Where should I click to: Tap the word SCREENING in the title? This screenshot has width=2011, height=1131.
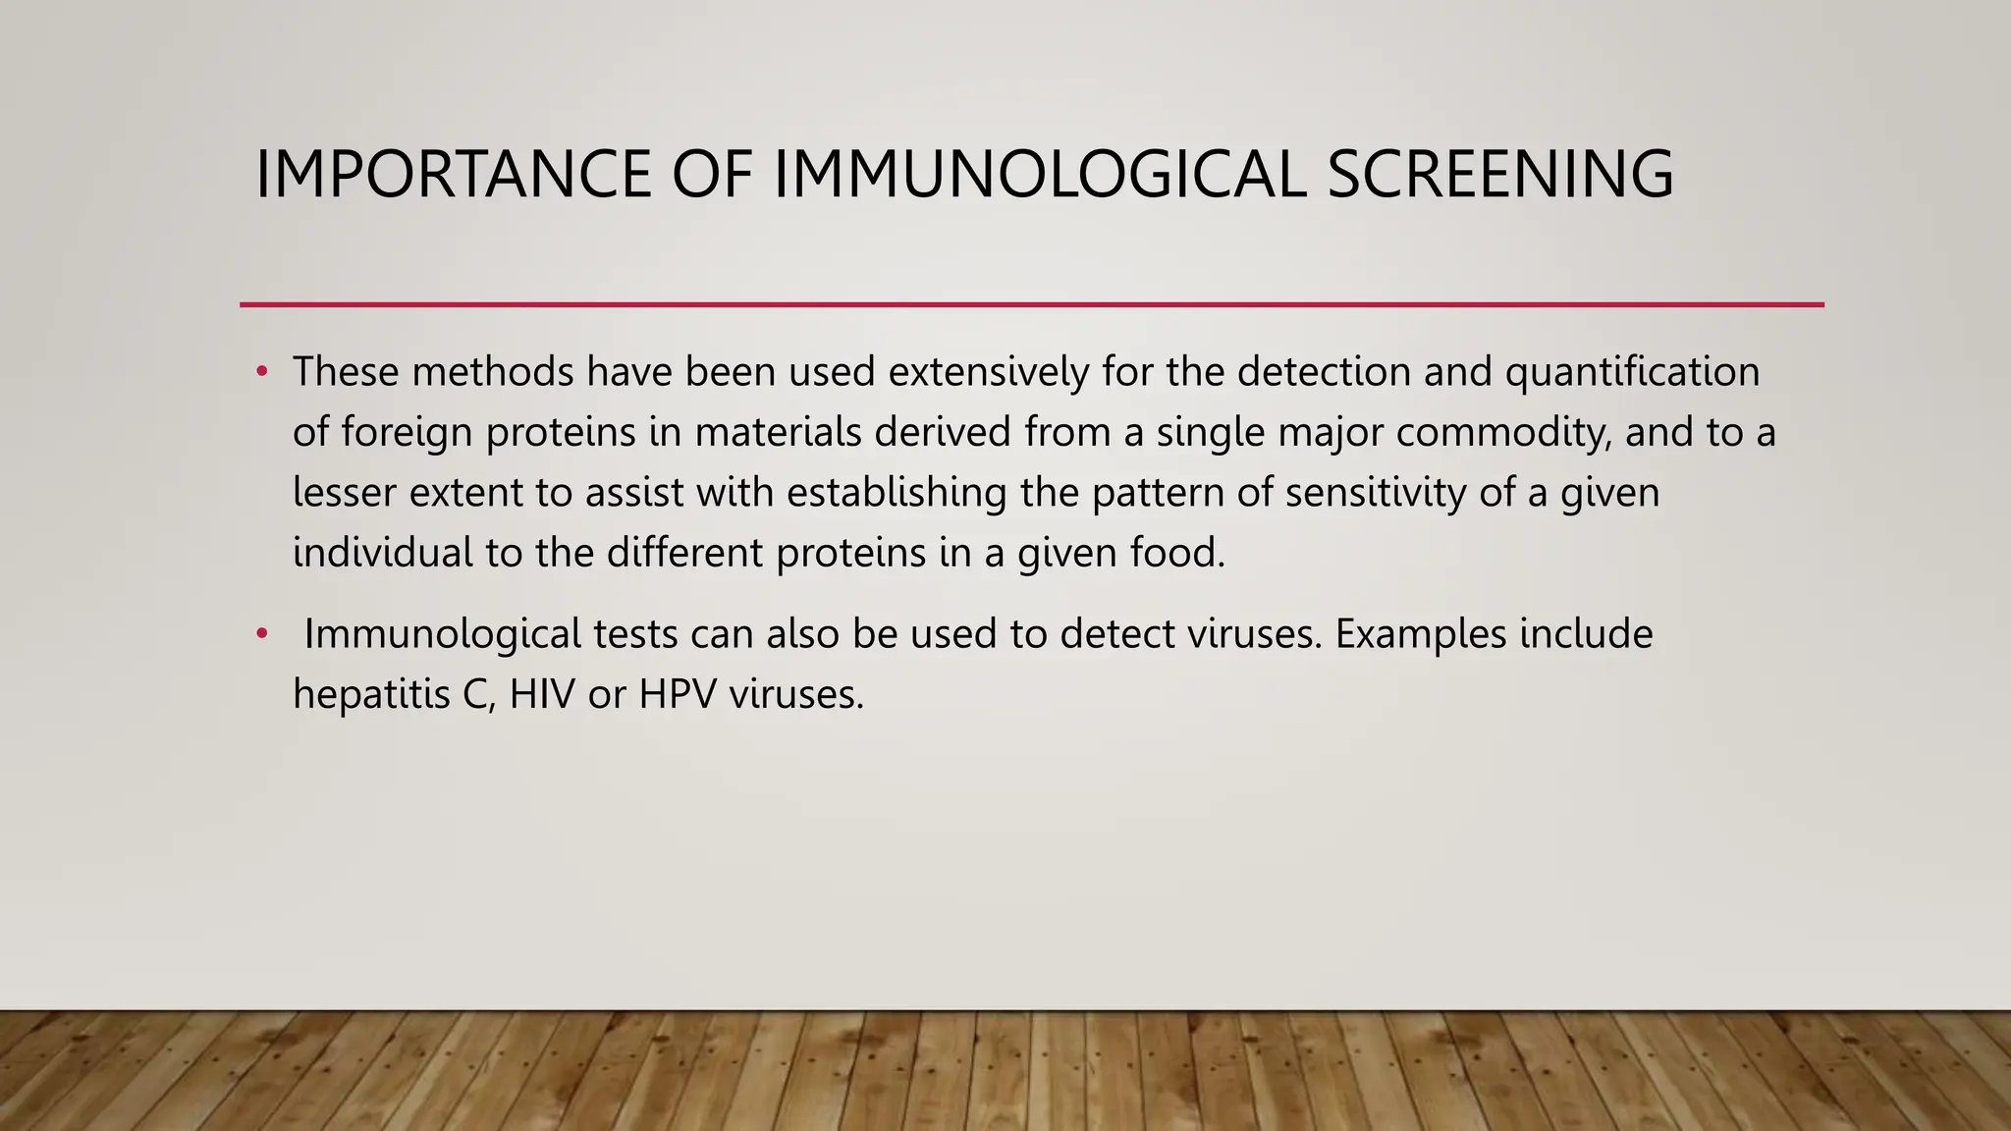pos(1499,175)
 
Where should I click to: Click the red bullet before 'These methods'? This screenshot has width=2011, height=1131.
pos(261,371)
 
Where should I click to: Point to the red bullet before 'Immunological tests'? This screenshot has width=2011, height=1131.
pos(261,634)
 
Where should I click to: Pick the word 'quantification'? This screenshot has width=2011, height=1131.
pos(1632,372)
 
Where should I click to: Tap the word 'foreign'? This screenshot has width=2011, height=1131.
pos(407,433)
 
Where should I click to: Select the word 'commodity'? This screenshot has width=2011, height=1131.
pos(1503,433)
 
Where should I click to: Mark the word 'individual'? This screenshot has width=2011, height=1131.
pos(383,553)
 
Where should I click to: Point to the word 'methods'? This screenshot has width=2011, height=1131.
pos(492,372)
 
